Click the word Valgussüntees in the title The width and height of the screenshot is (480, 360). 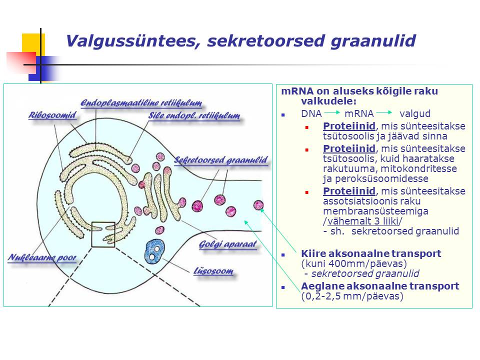[x=133, y=40]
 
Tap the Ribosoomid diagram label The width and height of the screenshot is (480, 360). [x=52, y=115]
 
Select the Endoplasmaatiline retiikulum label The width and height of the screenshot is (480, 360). [x=141, y=103]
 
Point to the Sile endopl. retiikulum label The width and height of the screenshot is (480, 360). [x=194, y=115]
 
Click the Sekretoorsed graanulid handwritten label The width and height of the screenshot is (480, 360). [x=220, y=160]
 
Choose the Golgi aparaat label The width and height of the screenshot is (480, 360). [x=228, y=244]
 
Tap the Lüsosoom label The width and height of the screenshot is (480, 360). [x=213, y=271]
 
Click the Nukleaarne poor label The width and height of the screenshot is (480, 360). [x=42, y=257]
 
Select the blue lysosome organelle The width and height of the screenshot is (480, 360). [x=154, y=251]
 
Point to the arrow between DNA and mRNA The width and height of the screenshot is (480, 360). [x=332, y=112]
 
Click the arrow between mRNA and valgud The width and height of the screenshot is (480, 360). [x=384, y=112]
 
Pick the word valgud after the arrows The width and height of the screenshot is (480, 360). [x=415, y=113]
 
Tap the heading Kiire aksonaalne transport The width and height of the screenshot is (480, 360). [x=371, y=253]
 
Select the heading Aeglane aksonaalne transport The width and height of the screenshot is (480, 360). [x=380, y=286]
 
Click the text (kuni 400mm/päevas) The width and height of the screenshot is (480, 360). [x=354, y=263]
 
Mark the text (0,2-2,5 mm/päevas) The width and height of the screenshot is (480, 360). [x=352, y=296]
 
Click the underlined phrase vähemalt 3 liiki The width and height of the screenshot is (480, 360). [x=363, y=221]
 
